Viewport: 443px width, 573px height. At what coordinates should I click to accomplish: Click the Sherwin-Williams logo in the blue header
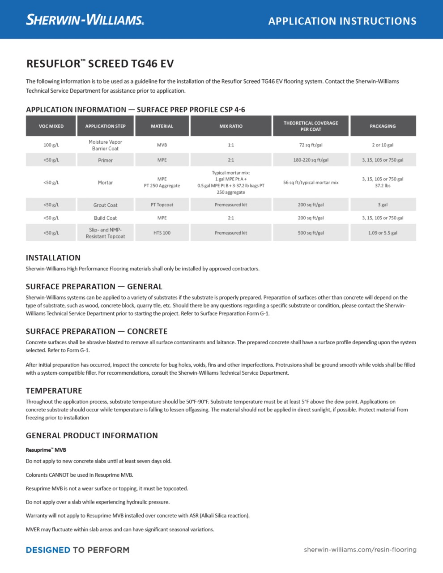coord(85,20)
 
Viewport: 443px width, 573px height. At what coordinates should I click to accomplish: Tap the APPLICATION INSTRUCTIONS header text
coord(342,21)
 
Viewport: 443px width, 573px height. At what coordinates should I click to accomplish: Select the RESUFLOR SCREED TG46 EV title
coord(100,64)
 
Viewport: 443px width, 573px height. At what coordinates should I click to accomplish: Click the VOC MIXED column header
coord(51,126)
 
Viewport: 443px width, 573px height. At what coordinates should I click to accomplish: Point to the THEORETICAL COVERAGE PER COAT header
coord(311,126)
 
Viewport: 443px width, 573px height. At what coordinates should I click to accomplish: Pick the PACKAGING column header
coord(383,126)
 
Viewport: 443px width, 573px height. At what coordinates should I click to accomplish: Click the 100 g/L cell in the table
coord(51,145)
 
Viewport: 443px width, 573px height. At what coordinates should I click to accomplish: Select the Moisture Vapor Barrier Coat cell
coord(105,145)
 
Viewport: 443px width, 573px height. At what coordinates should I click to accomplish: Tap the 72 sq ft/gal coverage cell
coord(311,145)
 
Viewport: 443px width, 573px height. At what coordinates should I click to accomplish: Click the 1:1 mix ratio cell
coord(231,145)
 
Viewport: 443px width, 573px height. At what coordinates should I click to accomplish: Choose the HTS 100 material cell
coord(162,233)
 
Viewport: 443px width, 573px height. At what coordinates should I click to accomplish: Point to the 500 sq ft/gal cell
coord(311,233)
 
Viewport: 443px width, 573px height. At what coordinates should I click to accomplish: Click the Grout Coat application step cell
coord(105,205)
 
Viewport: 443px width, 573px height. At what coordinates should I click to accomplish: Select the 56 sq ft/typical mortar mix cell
coord(311,183)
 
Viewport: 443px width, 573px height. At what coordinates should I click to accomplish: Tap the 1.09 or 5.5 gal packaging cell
coord(383,233)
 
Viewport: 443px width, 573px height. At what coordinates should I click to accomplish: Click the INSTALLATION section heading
coord(53,258)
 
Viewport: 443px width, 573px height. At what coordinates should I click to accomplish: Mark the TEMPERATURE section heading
coord(54,391)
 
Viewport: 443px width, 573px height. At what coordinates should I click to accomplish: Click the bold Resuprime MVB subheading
coord(46,450)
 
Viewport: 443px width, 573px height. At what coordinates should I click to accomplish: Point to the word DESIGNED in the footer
coord(48,550)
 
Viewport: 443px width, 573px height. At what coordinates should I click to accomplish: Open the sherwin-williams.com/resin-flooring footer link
coord(360,549)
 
